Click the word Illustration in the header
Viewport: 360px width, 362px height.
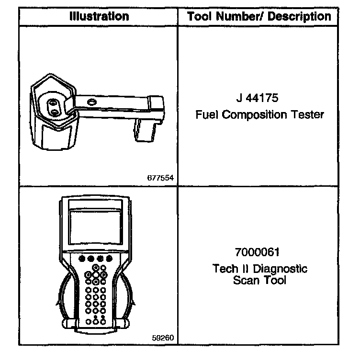click(x=99, y=16)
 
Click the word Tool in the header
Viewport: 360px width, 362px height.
click(x=200, y=16)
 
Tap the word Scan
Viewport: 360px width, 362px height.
click(x=245, y=280)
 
